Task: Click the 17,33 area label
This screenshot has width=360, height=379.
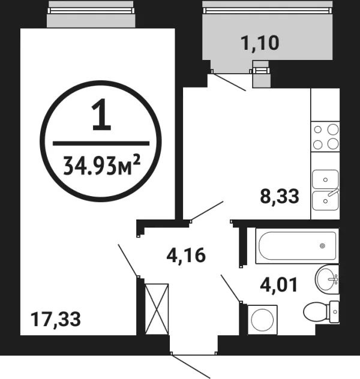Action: (56, 320)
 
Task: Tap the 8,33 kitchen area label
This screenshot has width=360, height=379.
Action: (280, 196)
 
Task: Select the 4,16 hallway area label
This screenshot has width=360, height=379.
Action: (186, 255)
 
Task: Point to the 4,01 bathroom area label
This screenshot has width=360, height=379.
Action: (278, 285)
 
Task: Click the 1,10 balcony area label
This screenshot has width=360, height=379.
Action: (260, 43)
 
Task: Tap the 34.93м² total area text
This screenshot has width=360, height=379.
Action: (101, 165)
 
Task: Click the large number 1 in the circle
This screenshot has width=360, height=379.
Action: (101, 114)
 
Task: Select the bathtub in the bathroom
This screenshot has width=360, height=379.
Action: (298, 246)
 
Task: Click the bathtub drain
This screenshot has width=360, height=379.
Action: (322, 246)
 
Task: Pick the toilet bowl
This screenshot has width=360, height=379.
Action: (315, 312)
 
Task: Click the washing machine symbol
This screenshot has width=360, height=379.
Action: (262, 320)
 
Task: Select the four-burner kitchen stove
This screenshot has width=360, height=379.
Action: (325, 137)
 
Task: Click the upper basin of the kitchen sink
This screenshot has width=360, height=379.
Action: (325, 179)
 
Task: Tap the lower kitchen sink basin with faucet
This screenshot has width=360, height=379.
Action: (325, 200)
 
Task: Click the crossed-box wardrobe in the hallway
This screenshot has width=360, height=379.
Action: (157, 309)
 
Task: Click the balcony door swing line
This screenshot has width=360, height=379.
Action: (229, 82)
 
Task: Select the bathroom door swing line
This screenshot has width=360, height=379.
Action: (231, 288)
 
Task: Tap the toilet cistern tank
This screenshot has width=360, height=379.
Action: (334, 312)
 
